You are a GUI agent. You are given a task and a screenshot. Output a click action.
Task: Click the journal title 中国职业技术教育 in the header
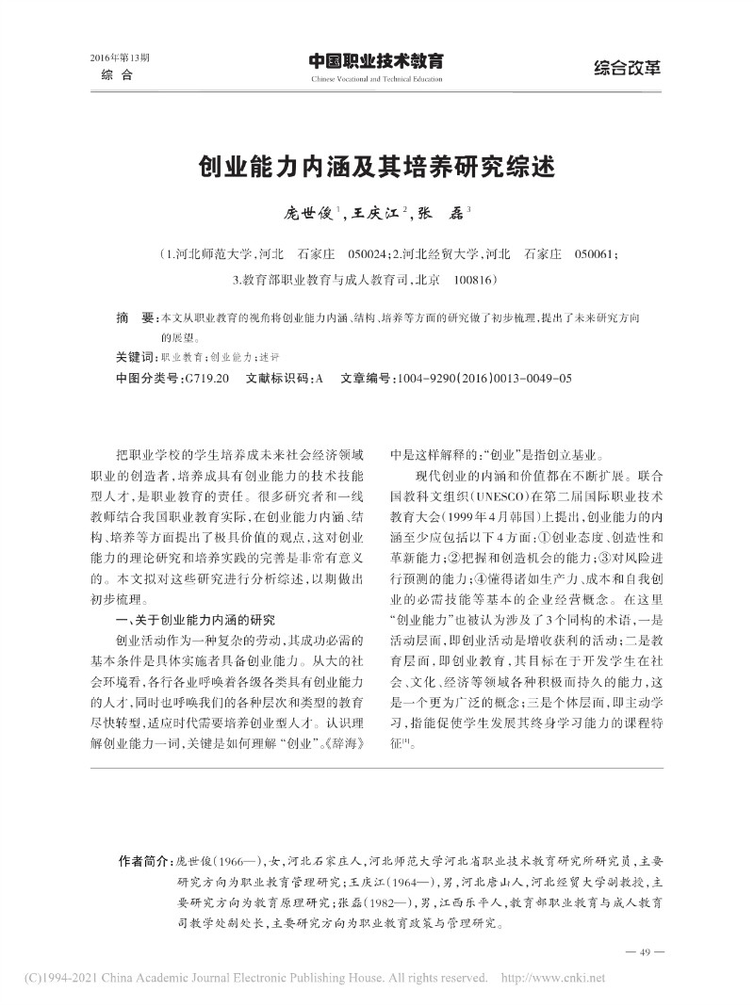tap(376, 61)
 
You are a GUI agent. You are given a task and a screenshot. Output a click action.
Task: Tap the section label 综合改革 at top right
tap(627, 67)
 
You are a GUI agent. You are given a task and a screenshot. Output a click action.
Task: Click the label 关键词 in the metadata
tap(137, 358)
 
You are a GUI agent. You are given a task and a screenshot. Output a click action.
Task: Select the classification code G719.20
tap(207, 377)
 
